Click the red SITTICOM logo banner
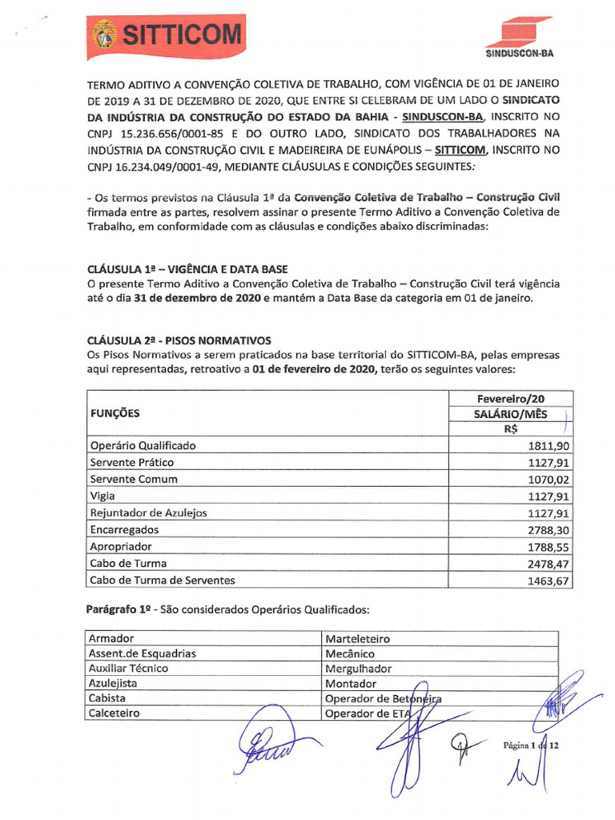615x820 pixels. (167, 35)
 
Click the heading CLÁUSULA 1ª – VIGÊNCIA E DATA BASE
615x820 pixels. (187, 269)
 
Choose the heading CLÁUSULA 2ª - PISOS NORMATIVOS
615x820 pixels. (179, 340)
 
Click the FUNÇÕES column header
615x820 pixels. (115, 413)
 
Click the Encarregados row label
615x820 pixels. (124, 530)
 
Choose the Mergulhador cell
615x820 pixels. (358, 668)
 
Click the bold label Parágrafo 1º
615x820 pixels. (120, 609)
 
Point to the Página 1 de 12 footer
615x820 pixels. (529, 746)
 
